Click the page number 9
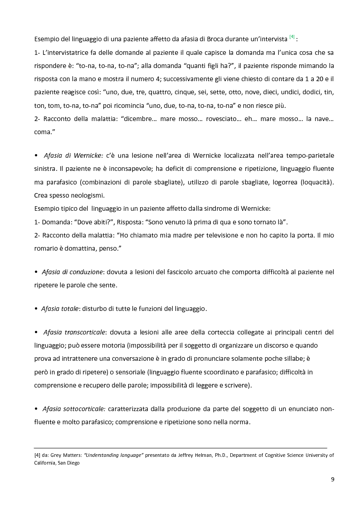(332, 479)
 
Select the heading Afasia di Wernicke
(73, 155)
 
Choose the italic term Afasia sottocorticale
(73, 409)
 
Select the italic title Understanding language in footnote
(113, 455)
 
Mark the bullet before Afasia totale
(36, 309)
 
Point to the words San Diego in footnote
(69, 463)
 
